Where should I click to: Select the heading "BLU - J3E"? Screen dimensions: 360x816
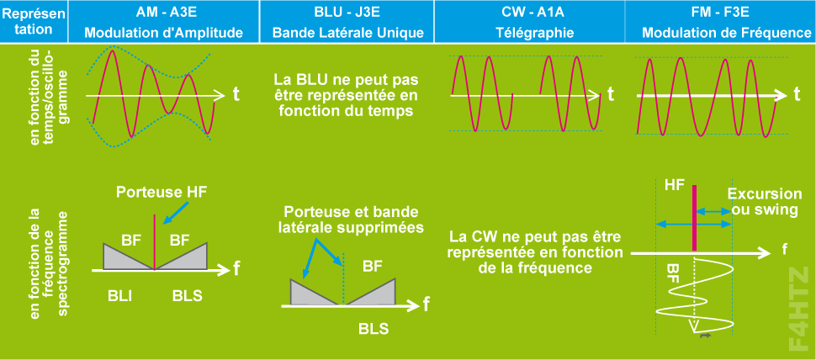click(348, 13)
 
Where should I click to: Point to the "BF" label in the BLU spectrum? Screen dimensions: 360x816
click(372, 267)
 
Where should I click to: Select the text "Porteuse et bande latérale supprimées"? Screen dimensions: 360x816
click(351, 220)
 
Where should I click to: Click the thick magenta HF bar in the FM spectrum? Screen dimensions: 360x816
click(694, 216)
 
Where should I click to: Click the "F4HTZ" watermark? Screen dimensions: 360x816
click(799, 308)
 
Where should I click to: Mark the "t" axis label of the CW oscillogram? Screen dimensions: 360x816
click(612, 93)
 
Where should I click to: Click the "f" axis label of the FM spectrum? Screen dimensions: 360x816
click(784, 249)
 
